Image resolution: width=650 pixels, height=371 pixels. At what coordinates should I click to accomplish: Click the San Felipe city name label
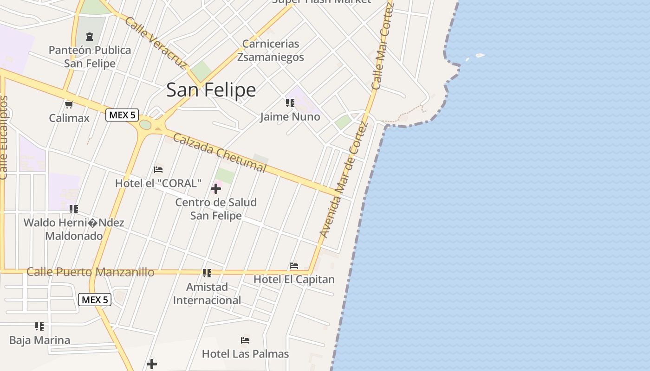pos(211,90)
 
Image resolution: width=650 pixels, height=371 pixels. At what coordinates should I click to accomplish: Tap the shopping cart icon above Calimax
pos(69,104)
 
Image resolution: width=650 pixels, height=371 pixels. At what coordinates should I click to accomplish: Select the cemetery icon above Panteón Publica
pos(90,37)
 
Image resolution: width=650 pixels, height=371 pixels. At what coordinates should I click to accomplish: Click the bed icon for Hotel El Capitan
pos(294,266)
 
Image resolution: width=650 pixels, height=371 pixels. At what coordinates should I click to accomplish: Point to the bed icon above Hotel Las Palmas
pos(245,340)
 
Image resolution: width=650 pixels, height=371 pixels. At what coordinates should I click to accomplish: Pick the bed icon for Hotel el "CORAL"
pos(158,170)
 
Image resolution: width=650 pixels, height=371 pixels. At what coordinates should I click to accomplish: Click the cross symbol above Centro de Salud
pos(216,189)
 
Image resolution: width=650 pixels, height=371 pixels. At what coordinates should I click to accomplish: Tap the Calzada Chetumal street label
pos(220,152)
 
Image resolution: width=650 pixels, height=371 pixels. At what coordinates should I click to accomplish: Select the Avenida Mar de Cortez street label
pos(344,180)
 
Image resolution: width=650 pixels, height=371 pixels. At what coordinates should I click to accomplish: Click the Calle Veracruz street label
pos(156,43)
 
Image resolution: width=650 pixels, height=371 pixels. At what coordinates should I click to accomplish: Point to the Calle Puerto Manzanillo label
pos(91,272)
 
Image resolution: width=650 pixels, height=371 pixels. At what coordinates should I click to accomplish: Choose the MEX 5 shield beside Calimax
pos(123,115)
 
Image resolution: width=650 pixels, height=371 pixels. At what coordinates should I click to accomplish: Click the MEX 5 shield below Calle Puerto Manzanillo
pos(95,300)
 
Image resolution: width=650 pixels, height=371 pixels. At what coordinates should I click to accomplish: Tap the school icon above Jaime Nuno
pos(290,103)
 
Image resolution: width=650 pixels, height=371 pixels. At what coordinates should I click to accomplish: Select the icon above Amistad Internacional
pos(207,273)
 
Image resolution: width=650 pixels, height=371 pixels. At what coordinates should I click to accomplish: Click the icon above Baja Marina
pos(39,326)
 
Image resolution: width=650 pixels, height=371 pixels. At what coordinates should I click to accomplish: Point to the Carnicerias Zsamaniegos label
pos(271,50)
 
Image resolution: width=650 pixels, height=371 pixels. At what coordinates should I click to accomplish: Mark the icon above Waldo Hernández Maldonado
pos(74,209)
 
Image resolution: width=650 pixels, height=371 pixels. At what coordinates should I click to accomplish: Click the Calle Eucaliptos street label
pos(4,138)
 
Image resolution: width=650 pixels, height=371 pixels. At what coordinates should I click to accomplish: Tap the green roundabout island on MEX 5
pos(145,125)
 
